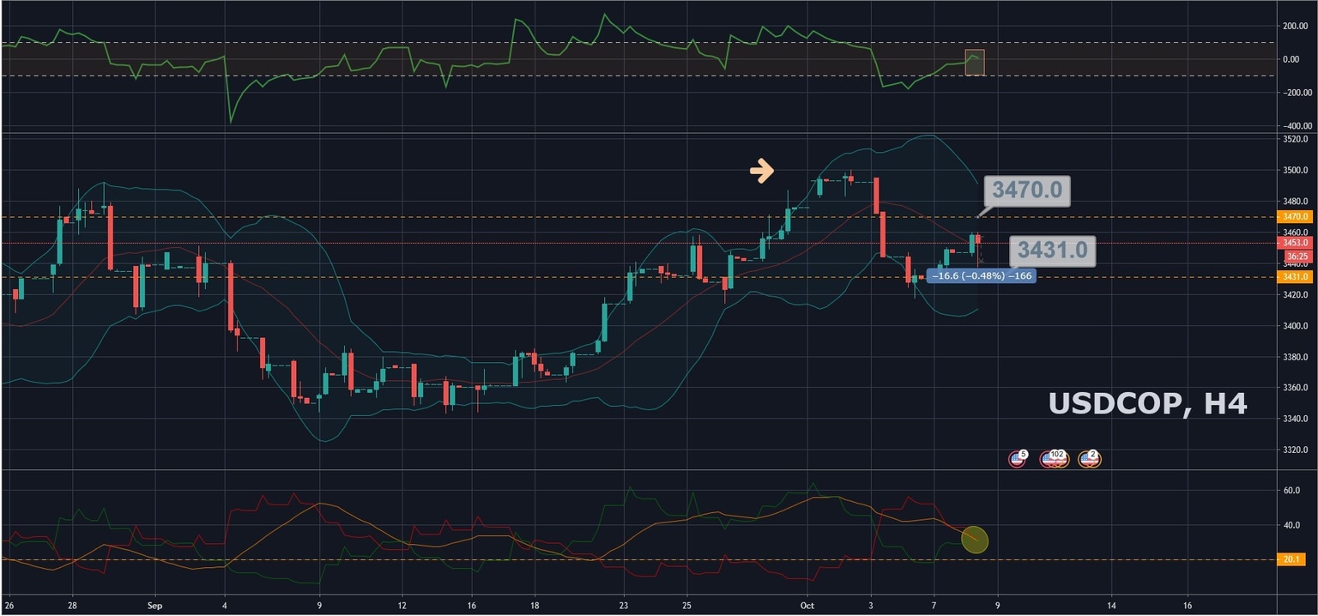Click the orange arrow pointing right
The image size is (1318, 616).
pyautogui.click(x=761, y=172)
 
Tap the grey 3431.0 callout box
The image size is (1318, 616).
pyautogui.click(x=1052, y=251)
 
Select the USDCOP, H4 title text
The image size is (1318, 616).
pyautogui.click(x=1147, y=403)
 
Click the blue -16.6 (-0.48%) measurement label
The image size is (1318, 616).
pyautogui.click(x=981, y=276)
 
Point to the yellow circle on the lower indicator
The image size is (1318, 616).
pyautogui.click(x=975, y=540)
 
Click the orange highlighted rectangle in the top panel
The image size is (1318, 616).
pyautogui.click(x=975, y=63)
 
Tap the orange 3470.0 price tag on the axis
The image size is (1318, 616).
pyautogui.click(x=1293, y=217)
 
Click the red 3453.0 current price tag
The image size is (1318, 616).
pyautogui.click(x=1293, y=243)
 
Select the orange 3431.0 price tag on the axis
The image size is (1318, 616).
pyautogui.click(x=1293, y=276)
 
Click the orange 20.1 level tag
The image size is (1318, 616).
pyautogui.click(x=1293, y=560)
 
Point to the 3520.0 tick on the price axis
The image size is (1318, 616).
pyautogui.click(x=1293, y=139)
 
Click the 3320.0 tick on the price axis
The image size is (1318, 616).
pyautogui.click(x=1293, y=449)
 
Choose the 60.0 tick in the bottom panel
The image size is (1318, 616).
pyautogui.click(x=1291, y=491)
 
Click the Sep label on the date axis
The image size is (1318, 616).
pyautogui.click(x=154, y=605)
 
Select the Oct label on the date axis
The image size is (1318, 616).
pyautogui.click(x=807, y=605)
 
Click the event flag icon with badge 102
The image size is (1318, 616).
pyautogui.click(x=1053, y=459)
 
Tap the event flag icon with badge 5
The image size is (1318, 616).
pyautogui.click(x=1018, y=459)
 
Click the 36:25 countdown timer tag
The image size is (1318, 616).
pyautogui.click(x=1296, y=257)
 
